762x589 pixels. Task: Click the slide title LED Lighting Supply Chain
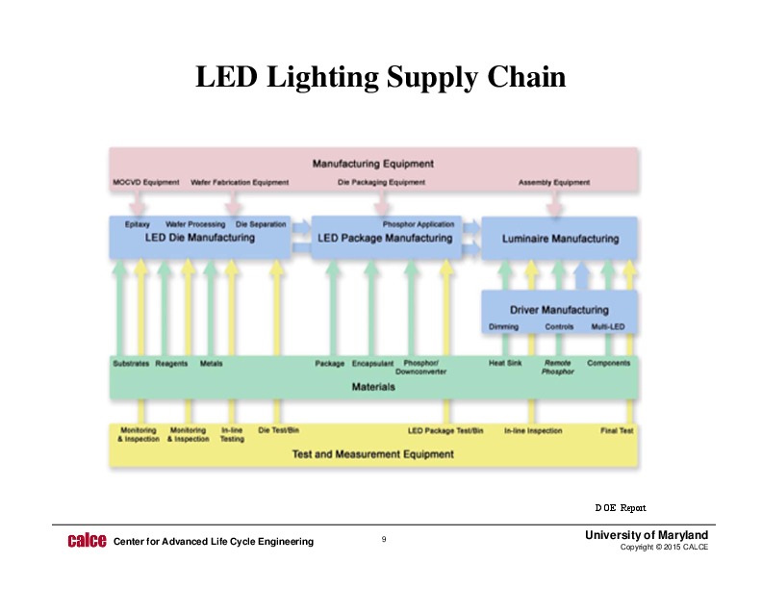[x=380, y=77]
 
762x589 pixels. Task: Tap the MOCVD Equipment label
[x=145, y=182]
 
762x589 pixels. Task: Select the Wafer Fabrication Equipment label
[x=240, y=182]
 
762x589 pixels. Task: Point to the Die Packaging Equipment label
[x=381, y=182]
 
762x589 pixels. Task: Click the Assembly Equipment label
[x=554, y=182]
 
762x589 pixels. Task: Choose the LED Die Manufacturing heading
[x=200, y=238]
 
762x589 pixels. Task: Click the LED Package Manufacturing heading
[x=385, y=238]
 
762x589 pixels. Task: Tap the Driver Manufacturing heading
[x=559, y=310]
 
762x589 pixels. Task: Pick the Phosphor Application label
[x=419, y=224]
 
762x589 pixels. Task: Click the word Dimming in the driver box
[x=503, y=327]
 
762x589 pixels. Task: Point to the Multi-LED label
[x=608, y=327]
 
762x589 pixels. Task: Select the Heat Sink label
[x=504, y=363]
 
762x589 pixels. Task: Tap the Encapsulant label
[x=372, y=364]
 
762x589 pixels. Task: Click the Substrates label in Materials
[x=130, y=364]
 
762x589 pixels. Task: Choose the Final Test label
[x=617, y=430]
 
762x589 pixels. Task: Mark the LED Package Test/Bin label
[x=445, y=430]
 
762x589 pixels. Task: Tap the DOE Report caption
[x=620, y=506]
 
